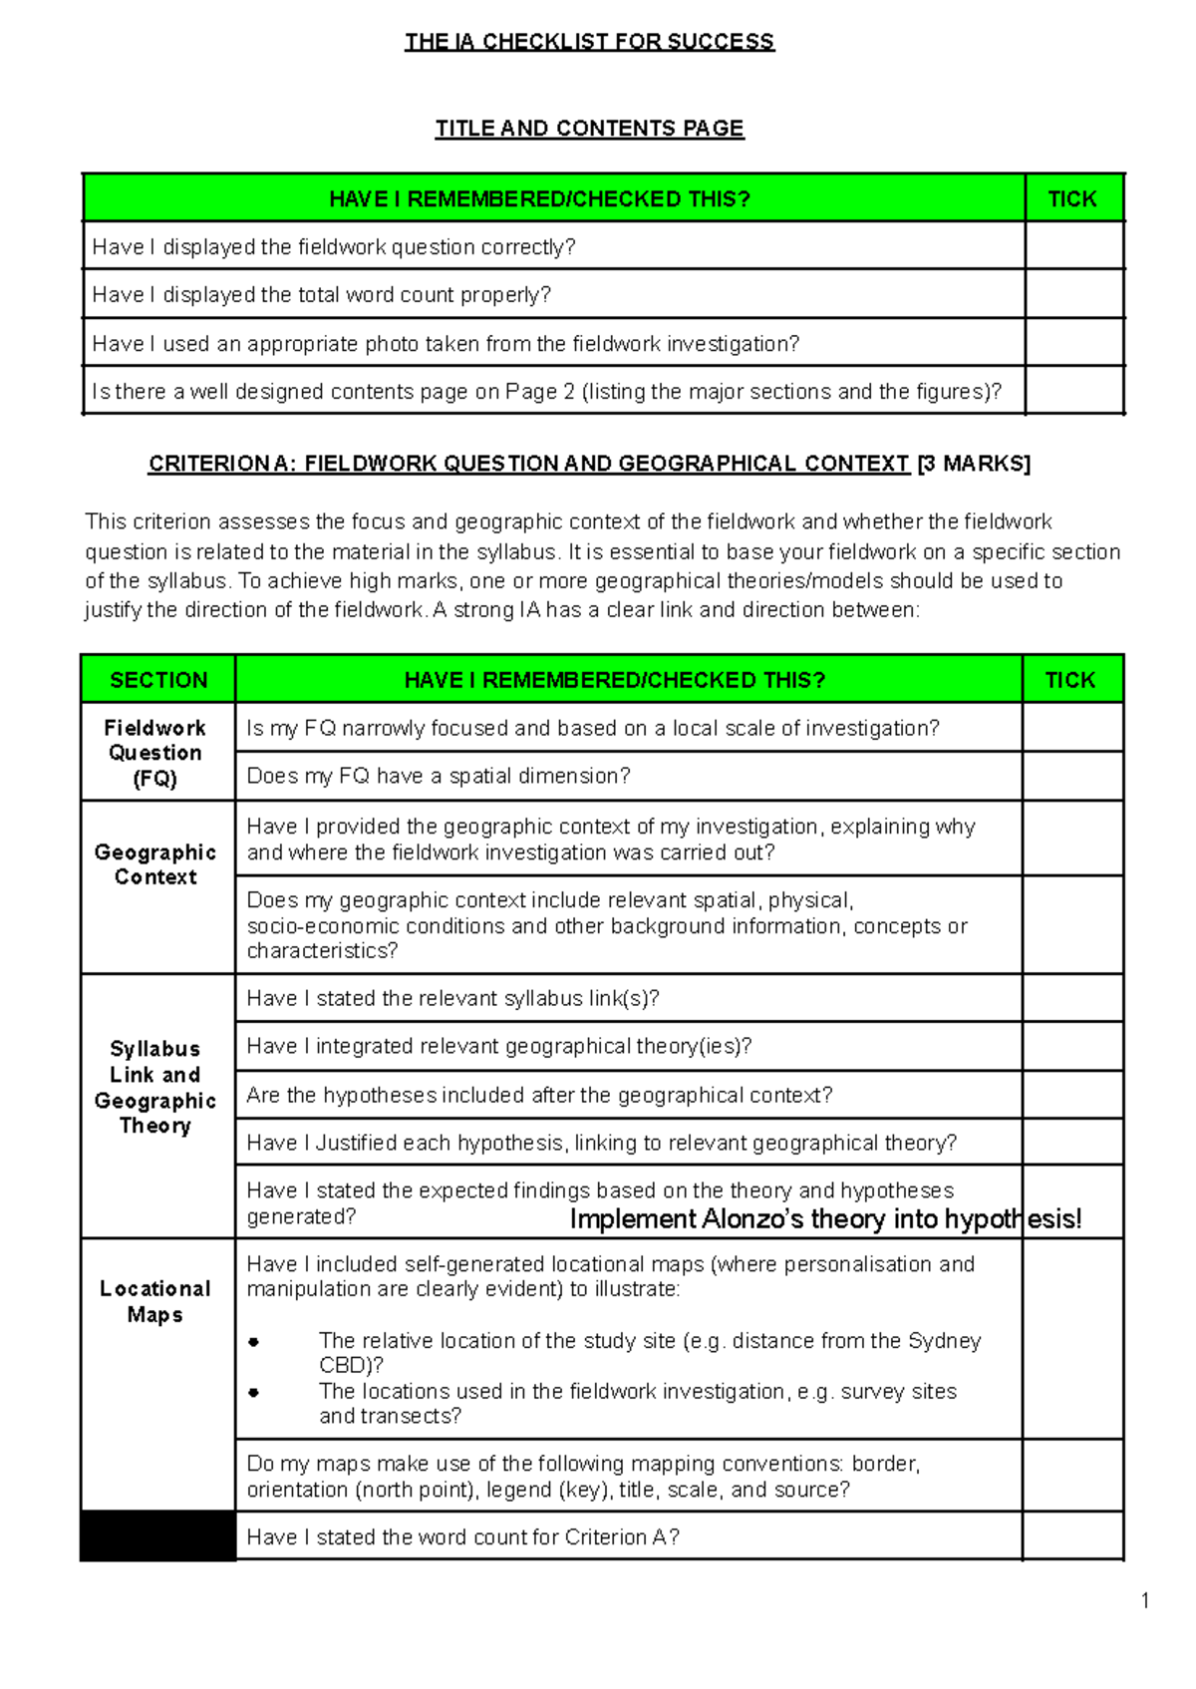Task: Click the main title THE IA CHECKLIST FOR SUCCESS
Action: (x=589, y=42)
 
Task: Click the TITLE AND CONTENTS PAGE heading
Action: (x=589, y=129)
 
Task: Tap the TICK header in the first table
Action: (x=1072, y=198)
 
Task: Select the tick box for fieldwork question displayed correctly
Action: (x=1073, y=246)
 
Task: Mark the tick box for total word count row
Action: (x=1073, y=294)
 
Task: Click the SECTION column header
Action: (x=158, y=680)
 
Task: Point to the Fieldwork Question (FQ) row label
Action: (x=155, y=753)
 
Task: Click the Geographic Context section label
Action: (x=155, y=864)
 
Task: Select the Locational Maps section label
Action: (x=155, y=1301)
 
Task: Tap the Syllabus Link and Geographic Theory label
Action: (x=155, y=1087)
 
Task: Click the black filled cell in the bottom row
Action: (x=157, y=1535)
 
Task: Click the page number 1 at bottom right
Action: (x=1145, y=1601)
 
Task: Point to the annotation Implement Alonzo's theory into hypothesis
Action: (x=824, y=1219)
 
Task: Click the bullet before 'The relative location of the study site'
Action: (x=254, y=1342)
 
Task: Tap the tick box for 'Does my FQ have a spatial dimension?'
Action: (x=1071, y=776)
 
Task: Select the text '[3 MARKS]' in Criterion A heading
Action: (x=974, y=464)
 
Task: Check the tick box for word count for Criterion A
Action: (x=1071, y=1536)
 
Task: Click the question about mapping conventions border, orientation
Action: (x=582, y=1477)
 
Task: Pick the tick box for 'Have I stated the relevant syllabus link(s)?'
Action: (x=1071, y=998)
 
